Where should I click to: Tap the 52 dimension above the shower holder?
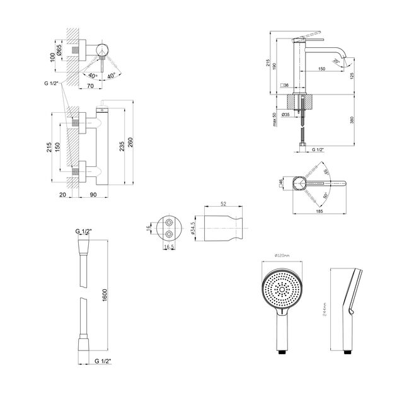pos(223,204)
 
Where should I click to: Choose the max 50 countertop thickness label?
pos(275,119)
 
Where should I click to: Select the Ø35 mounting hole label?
pos(285,115)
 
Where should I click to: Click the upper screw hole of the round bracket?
pos(168,223)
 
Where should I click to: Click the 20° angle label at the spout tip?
pos(354,57)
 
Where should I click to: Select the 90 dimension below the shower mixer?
pos(93,195)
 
